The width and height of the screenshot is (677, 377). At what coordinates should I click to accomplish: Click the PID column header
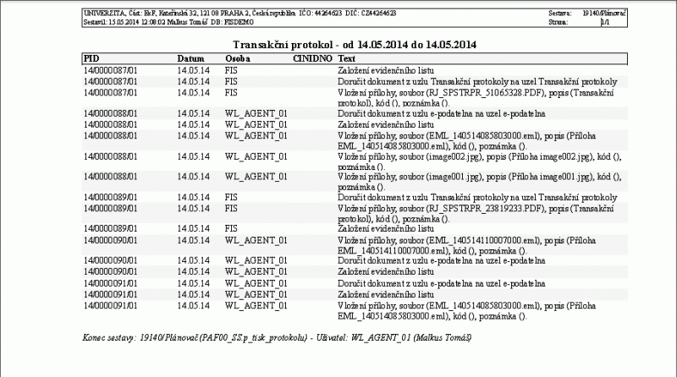point(91,57)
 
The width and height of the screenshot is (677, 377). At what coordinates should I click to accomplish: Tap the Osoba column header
point(238,57)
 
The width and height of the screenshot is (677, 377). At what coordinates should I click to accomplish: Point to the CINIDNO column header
point(311,57)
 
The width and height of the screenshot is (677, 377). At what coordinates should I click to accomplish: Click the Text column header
point(347,57)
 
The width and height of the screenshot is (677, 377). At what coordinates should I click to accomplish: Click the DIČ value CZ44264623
point(375,14)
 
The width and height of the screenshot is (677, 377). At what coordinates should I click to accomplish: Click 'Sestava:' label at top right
point(559,14)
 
